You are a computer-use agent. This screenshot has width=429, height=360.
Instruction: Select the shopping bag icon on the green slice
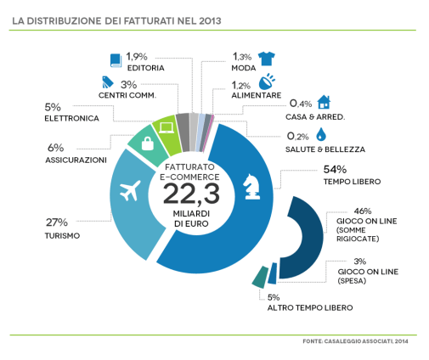(148, 143)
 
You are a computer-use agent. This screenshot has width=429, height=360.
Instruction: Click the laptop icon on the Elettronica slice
(167, 128)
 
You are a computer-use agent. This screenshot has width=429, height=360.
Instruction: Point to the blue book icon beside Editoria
(116, 60)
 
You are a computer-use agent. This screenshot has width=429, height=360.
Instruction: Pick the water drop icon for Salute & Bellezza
(320, 135)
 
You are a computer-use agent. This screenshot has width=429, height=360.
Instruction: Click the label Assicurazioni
(76, 160)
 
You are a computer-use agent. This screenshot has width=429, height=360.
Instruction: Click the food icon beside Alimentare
(266, 82)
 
